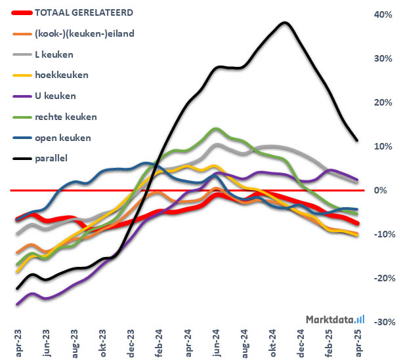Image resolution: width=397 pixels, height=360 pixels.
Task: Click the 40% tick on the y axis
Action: (383, 14)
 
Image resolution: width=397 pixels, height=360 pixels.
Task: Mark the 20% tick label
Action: (383, 102)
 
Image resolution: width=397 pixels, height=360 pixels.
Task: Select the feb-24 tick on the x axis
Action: (159, 342)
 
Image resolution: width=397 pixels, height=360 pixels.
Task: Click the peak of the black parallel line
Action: (284, 23)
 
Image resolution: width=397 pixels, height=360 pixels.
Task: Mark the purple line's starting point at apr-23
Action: (18, 304)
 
